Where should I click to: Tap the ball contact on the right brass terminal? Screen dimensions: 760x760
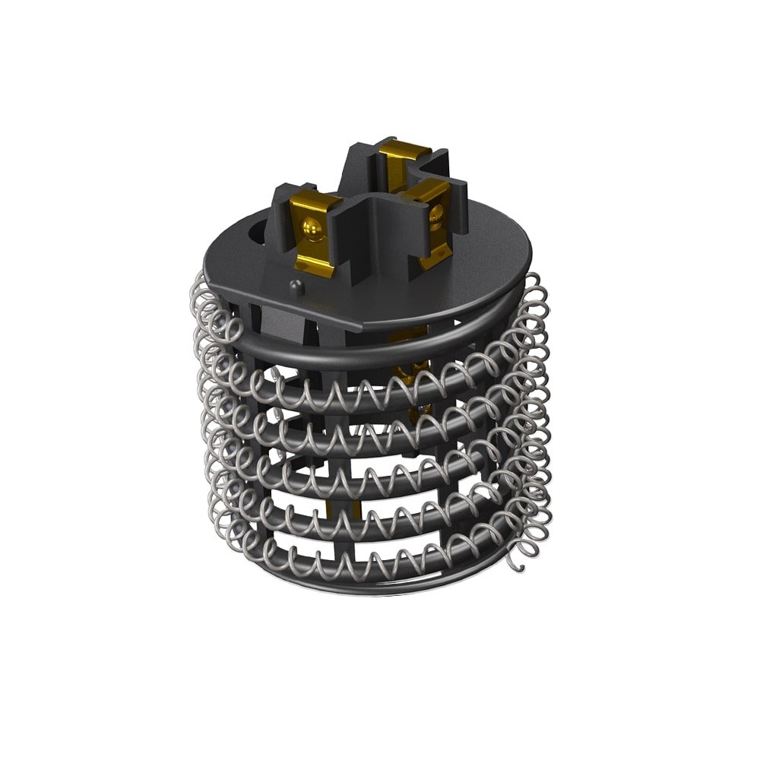435,219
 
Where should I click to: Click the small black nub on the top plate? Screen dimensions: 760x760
296,286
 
